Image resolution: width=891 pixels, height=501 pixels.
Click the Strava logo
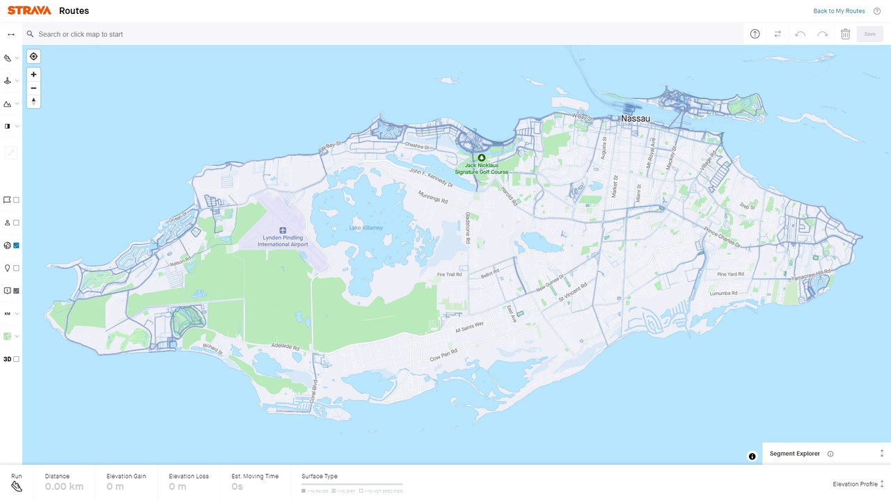[29, 10]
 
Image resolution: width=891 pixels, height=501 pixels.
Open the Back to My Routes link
[839, 11]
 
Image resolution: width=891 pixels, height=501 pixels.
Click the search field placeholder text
[81, 34]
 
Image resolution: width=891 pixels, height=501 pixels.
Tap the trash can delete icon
[845, 34]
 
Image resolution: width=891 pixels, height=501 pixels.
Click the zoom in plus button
[33, 74]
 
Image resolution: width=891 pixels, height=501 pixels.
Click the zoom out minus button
[33, 88]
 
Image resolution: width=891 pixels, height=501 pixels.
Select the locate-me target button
[33, 56]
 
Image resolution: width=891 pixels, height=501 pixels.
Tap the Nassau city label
[635, 119]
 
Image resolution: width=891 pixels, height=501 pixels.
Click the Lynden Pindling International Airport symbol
[283, 230]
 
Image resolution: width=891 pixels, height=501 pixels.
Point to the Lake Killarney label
[366, 228]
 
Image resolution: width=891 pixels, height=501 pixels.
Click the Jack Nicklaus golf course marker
[481, 158]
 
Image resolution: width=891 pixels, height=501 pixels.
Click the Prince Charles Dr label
[722, 237]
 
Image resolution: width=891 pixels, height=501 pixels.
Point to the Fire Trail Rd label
[449, 275]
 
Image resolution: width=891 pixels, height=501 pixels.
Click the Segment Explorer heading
[794, 454]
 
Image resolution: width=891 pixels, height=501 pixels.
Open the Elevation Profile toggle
[858, 484]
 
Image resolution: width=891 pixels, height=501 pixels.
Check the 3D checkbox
[17, 359]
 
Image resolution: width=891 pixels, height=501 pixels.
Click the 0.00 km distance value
[64, 486]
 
